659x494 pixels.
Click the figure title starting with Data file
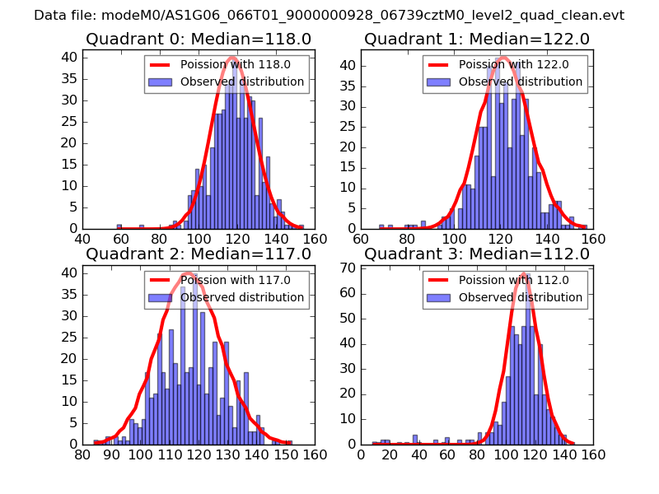click(329, 16)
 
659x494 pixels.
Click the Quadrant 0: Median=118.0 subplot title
click(199, 39)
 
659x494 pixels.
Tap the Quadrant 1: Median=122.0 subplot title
click(477, 39)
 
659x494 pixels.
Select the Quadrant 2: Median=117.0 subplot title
click(199, 254)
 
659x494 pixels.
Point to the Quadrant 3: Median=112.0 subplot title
click(477, 254)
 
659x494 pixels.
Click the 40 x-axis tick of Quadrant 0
click(83, 239)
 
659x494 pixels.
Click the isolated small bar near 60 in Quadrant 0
click(119, 226)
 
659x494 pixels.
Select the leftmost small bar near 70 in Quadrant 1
click(381, 226)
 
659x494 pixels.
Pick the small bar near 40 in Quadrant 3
click(415, 440)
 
